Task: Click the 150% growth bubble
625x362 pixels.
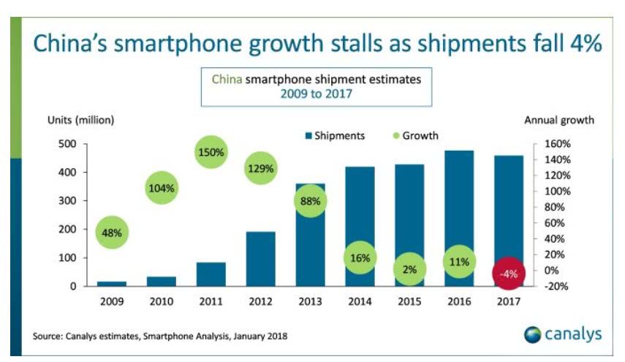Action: pos(211,152)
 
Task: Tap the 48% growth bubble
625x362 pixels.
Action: pos(111,233)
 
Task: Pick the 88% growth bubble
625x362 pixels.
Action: pos(309,200)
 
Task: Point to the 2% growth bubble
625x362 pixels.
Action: pos(409,269)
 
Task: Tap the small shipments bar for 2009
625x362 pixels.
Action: pos(111,283)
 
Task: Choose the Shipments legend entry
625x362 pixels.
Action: pos(334,135)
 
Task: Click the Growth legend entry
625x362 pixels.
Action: pos(416,135)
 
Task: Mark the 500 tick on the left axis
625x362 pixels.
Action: pos(67,144)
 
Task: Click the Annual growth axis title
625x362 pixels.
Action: pos(559,119)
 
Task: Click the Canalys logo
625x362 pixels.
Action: pos(563,334)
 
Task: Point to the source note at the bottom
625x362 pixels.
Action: pos(160,336)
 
